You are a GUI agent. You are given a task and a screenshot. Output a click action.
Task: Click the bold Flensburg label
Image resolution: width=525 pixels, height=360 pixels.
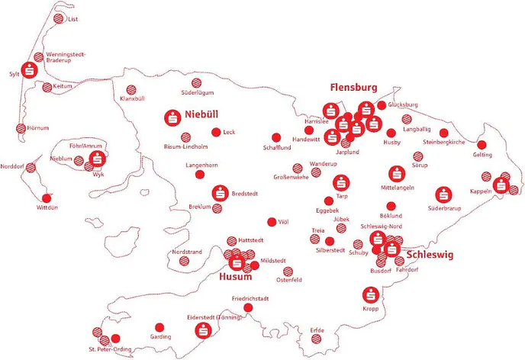pyautogui.click(x=353, y=88)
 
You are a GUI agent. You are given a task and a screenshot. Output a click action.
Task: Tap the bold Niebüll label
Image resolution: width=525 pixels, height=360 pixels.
pyautogui.click(x=201, y=115)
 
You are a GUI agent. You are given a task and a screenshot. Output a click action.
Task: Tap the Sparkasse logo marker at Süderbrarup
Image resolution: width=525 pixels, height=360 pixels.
pyautogui.click(x=443, y=195)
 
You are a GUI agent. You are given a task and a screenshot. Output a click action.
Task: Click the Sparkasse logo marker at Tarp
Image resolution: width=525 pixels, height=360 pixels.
pyautogui.click(x=340, y=183)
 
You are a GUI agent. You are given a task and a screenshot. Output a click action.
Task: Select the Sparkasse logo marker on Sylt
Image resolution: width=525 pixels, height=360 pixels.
pyautogui.click(x=31, y=69)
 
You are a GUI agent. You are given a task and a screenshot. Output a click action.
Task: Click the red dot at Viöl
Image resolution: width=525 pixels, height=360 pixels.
pyautogui.click(x=270, y=222)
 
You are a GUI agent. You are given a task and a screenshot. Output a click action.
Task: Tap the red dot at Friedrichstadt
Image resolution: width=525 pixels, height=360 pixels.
pyautogui.click(x=246, y=307)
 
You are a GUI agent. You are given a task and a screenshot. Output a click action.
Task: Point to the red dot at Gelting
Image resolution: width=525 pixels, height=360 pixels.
pyautogui.click(x=482, y=144)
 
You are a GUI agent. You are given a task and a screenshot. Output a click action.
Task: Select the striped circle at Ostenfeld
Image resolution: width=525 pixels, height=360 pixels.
pyautogui.click(x=288, y=272)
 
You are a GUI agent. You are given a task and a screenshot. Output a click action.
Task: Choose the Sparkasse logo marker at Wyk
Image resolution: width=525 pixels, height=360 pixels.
pyautogui.click(x=96, y=160)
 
